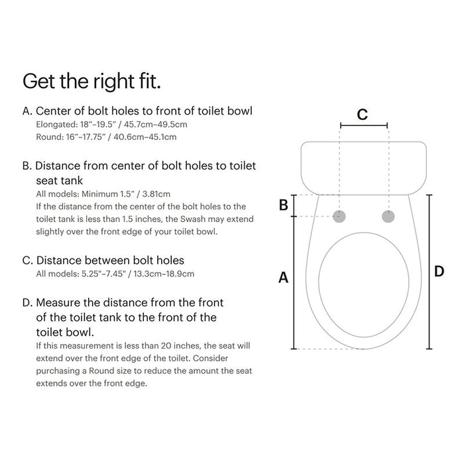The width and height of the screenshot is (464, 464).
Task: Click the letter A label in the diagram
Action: tap(283, 278)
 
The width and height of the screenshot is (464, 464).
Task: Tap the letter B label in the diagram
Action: tap(283, 205)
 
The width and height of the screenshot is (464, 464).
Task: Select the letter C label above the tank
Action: tap(362, 114)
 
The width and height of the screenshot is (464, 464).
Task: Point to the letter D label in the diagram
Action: tap(439, 271)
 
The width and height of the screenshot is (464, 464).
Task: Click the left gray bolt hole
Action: tap(340, 216)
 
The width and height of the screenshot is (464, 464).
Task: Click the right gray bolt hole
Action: tap(388, 216)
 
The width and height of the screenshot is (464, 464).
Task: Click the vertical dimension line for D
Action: tap(429, 271)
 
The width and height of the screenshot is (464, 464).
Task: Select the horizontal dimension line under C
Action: tap(364, 125)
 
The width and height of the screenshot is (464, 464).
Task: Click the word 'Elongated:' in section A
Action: tap(56, 125)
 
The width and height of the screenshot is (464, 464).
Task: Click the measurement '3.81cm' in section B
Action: tap(154, 194)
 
